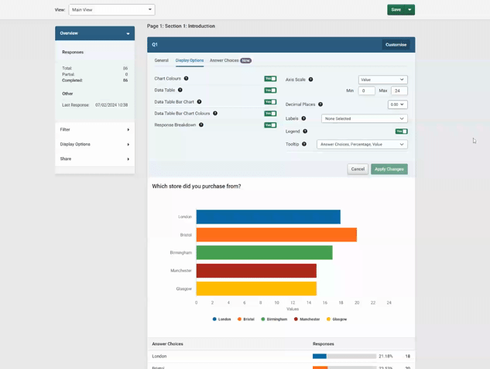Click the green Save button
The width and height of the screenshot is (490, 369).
(x=396, y=10)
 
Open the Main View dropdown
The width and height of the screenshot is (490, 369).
(x=111, y=10)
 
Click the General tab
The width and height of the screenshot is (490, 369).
(x=161, y=60)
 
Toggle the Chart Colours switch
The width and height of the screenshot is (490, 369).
(x=270, y=79)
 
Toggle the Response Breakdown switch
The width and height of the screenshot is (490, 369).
(x=270, y=125)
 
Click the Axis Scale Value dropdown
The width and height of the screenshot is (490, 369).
(x=382, y=80)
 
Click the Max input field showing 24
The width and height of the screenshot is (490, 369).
(x=399, y=91)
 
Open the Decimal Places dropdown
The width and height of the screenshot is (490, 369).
(x=397, y=104)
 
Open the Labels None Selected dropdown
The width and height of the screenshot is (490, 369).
(x=365, y=119)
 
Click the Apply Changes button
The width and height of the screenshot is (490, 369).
(x=389, y=169)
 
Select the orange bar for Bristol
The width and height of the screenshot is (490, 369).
(x=276, y=234)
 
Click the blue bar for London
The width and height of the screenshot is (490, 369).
(x=268, y=217)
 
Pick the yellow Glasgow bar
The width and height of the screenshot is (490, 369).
(x=256, y=289)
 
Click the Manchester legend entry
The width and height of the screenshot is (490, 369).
(x=307, y=319)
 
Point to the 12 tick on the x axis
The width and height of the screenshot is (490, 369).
(x=293, y=302)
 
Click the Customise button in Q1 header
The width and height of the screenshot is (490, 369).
(x=396, y=45)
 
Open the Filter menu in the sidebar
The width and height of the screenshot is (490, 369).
(x=94, y=130)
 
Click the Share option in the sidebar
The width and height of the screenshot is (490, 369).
(x=94, y=159)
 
